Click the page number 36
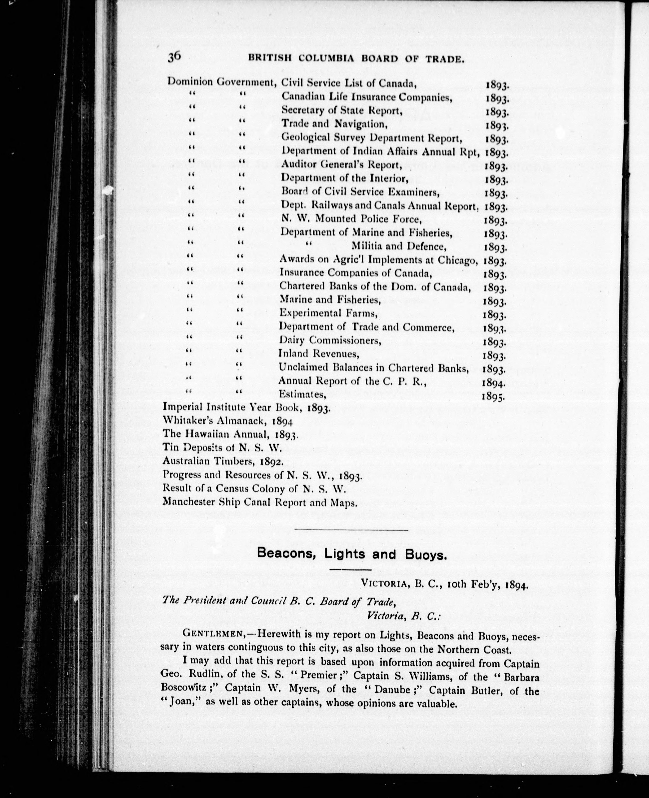click(174, 56)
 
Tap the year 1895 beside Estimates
click(493, 396)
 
